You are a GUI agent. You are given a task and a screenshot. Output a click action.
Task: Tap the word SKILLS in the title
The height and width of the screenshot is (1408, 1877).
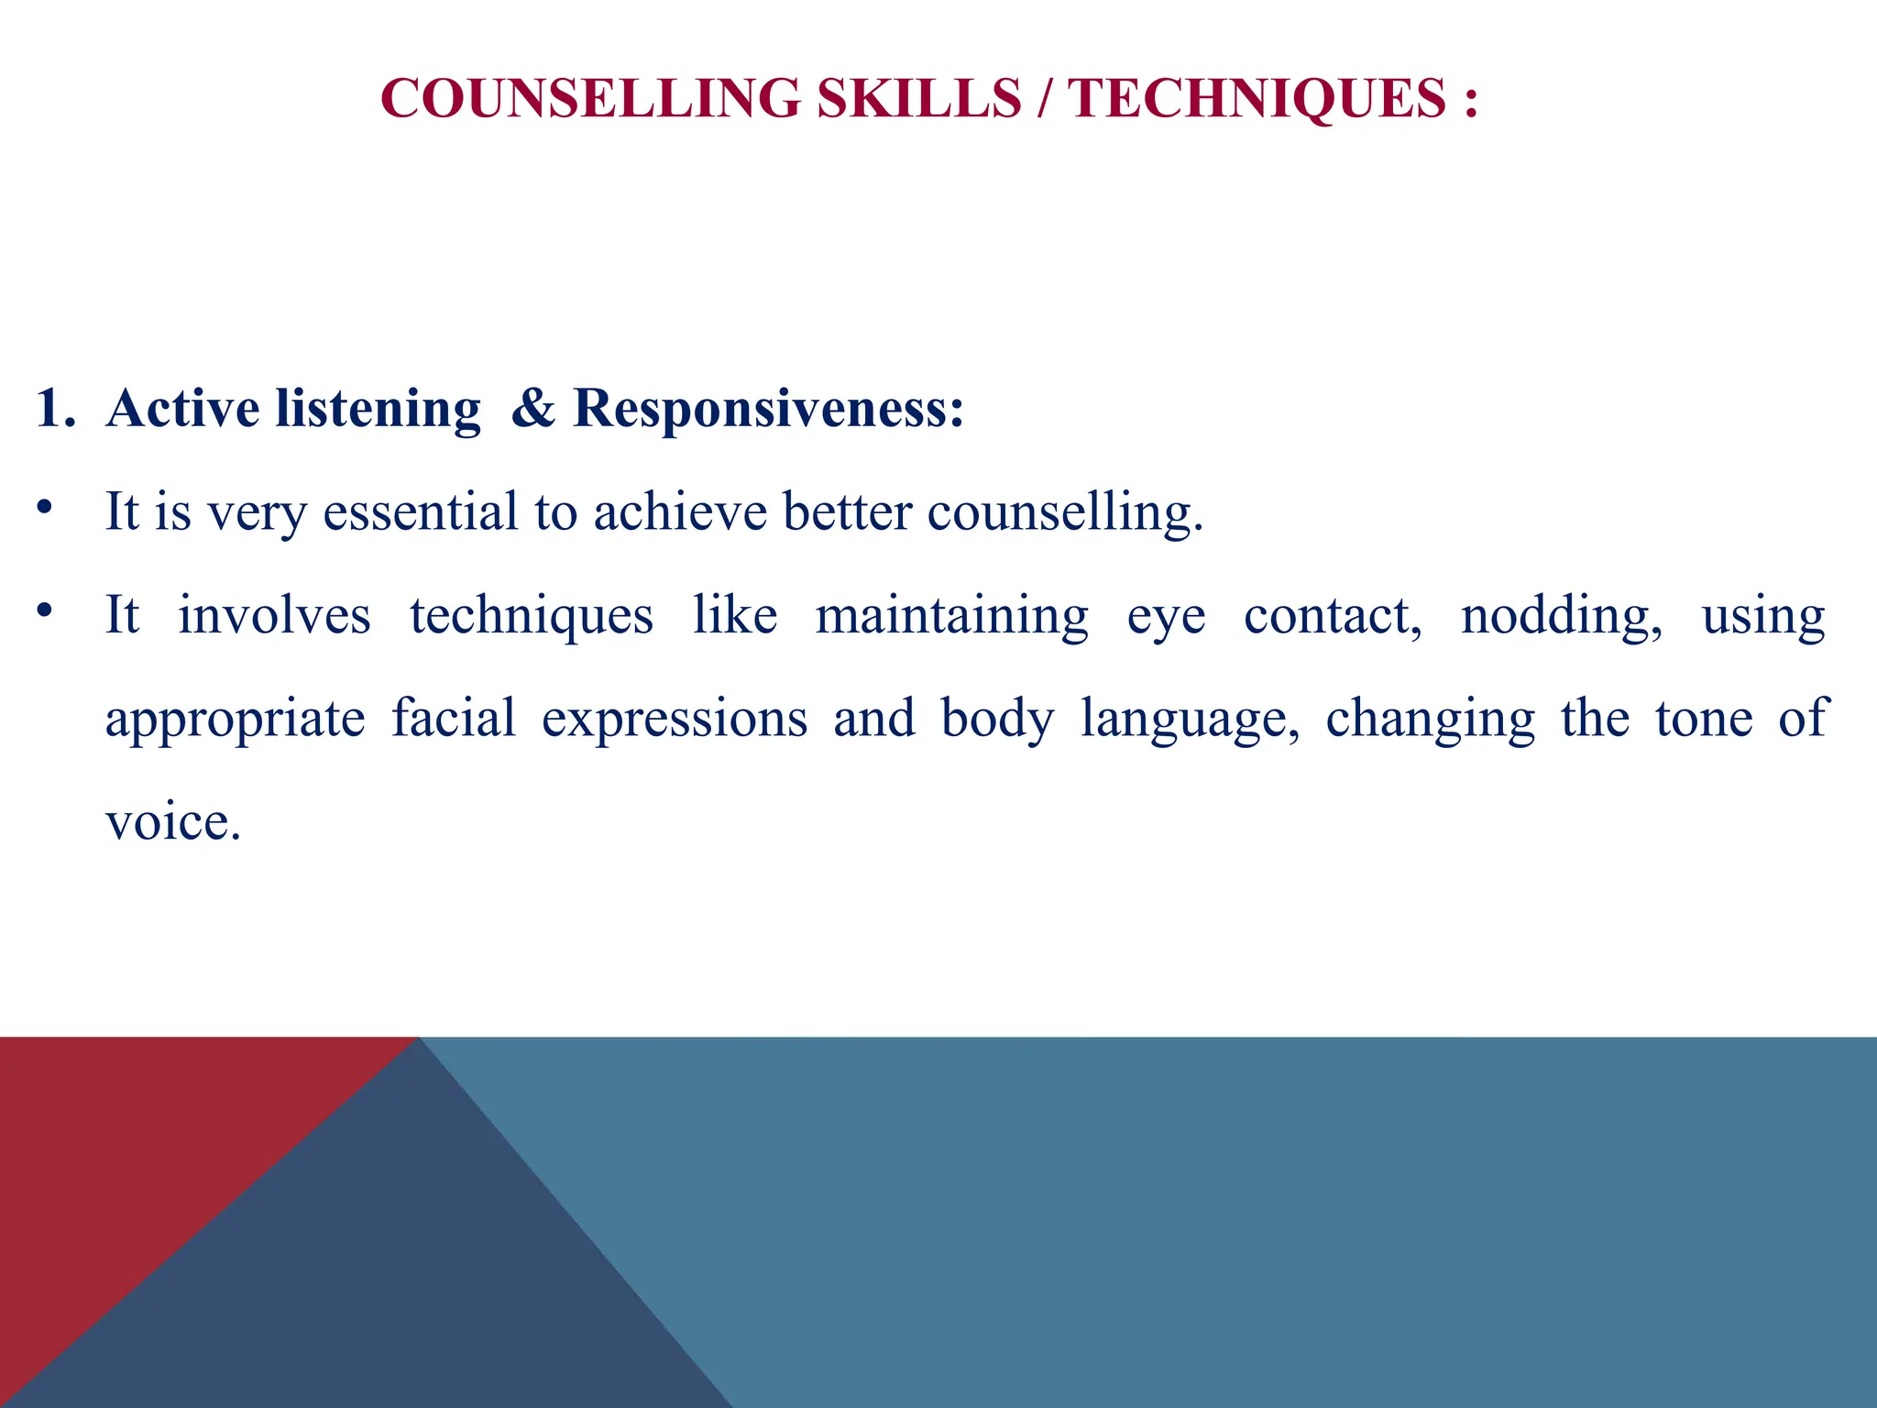918,98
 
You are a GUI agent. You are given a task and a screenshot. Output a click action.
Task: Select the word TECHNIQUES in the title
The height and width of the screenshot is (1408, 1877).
1257,98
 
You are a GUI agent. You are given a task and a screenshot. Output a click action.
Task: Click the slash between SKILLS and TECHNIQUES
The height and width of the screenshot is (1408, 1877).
1045,98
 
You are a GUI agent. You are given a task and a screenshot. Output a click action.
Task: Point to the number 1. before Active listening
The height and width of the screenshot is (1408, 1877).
55,409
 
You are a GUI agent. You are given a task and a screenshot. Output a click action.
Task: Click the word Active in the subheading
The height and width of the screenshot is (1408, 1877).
182,409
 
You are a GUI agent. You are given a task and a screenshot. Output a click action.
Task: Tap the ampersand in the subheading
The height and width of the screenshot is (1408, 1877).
533,409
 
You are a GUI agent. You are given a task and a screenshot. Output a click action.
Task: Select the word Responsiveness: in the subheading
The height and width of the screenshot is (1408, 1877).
768,409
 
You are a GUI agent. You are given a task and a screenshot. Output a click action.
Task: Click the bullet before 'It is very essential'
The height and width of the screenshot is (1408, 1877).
44,507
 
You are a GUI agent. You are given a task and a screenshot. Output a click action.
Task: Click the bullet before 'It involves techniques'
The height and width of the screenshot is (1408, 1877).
44,610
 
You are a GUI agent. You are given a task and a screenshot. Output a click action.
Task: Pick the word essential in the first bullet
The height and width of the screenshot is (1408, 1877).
421,511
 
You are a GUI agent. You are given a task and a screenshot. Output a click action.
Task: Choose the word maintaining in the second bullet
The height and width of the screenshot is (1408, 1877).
952,616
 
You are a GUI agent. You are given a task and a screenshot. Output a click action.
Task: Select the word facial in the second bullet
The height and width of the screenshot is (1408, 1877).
454,719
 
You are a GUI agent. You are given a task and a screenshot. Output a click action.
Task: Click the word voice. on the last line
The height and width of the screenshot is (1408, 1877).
173,822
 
